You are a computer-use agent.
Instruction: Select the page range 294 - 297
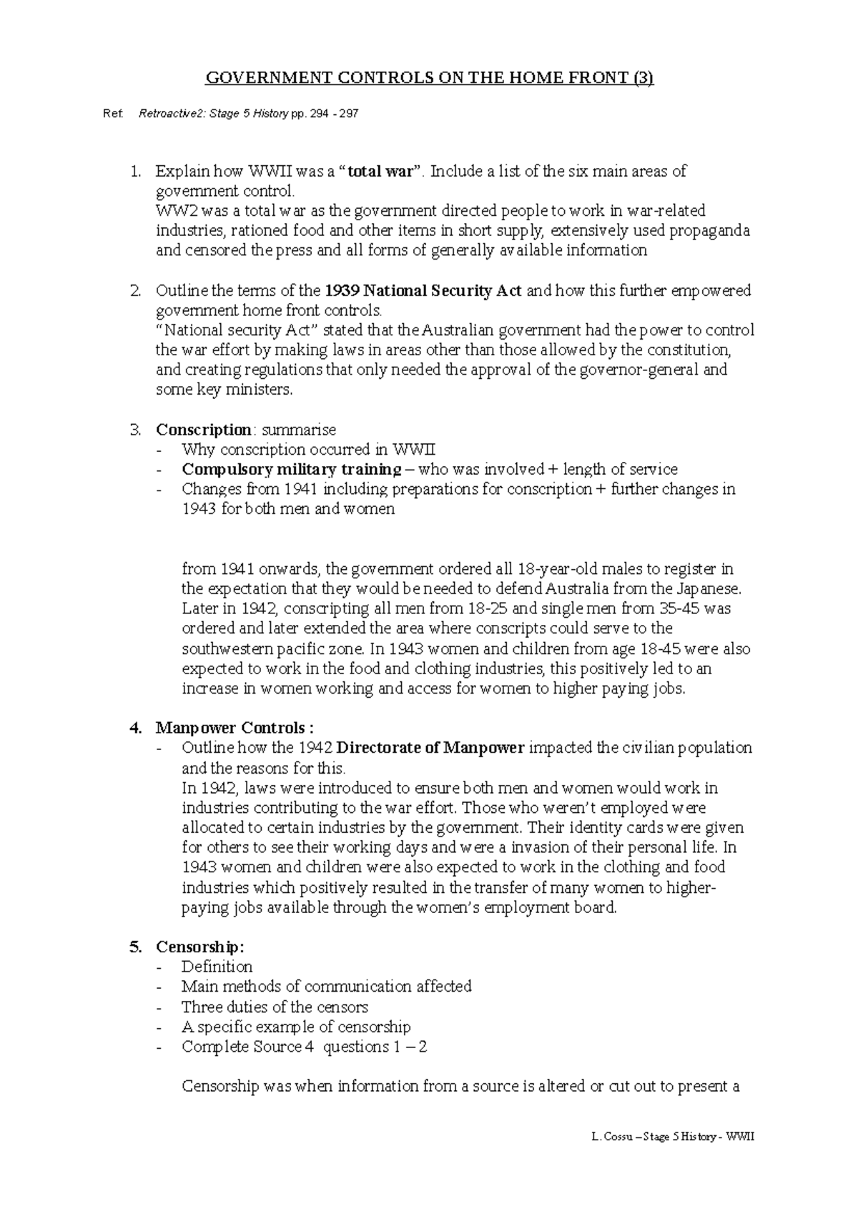[335, 114]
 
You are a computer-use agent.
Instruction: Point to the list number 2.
[135, 291]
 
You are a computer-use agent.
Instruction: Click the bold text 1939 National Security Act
[423, 291]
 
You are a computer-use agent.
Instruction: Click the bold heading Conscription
[204, 430]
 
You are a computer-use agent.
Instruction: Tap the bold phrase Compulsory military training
[292, 470]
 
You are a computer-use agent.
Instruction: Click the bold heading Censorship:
[200, 947]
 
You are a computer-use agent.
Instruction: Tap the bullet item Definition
[217, 967]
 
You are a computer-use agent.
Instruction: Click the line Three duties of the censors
[275, 1007]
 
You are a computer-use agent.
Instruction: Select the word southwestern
[228, 649]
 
